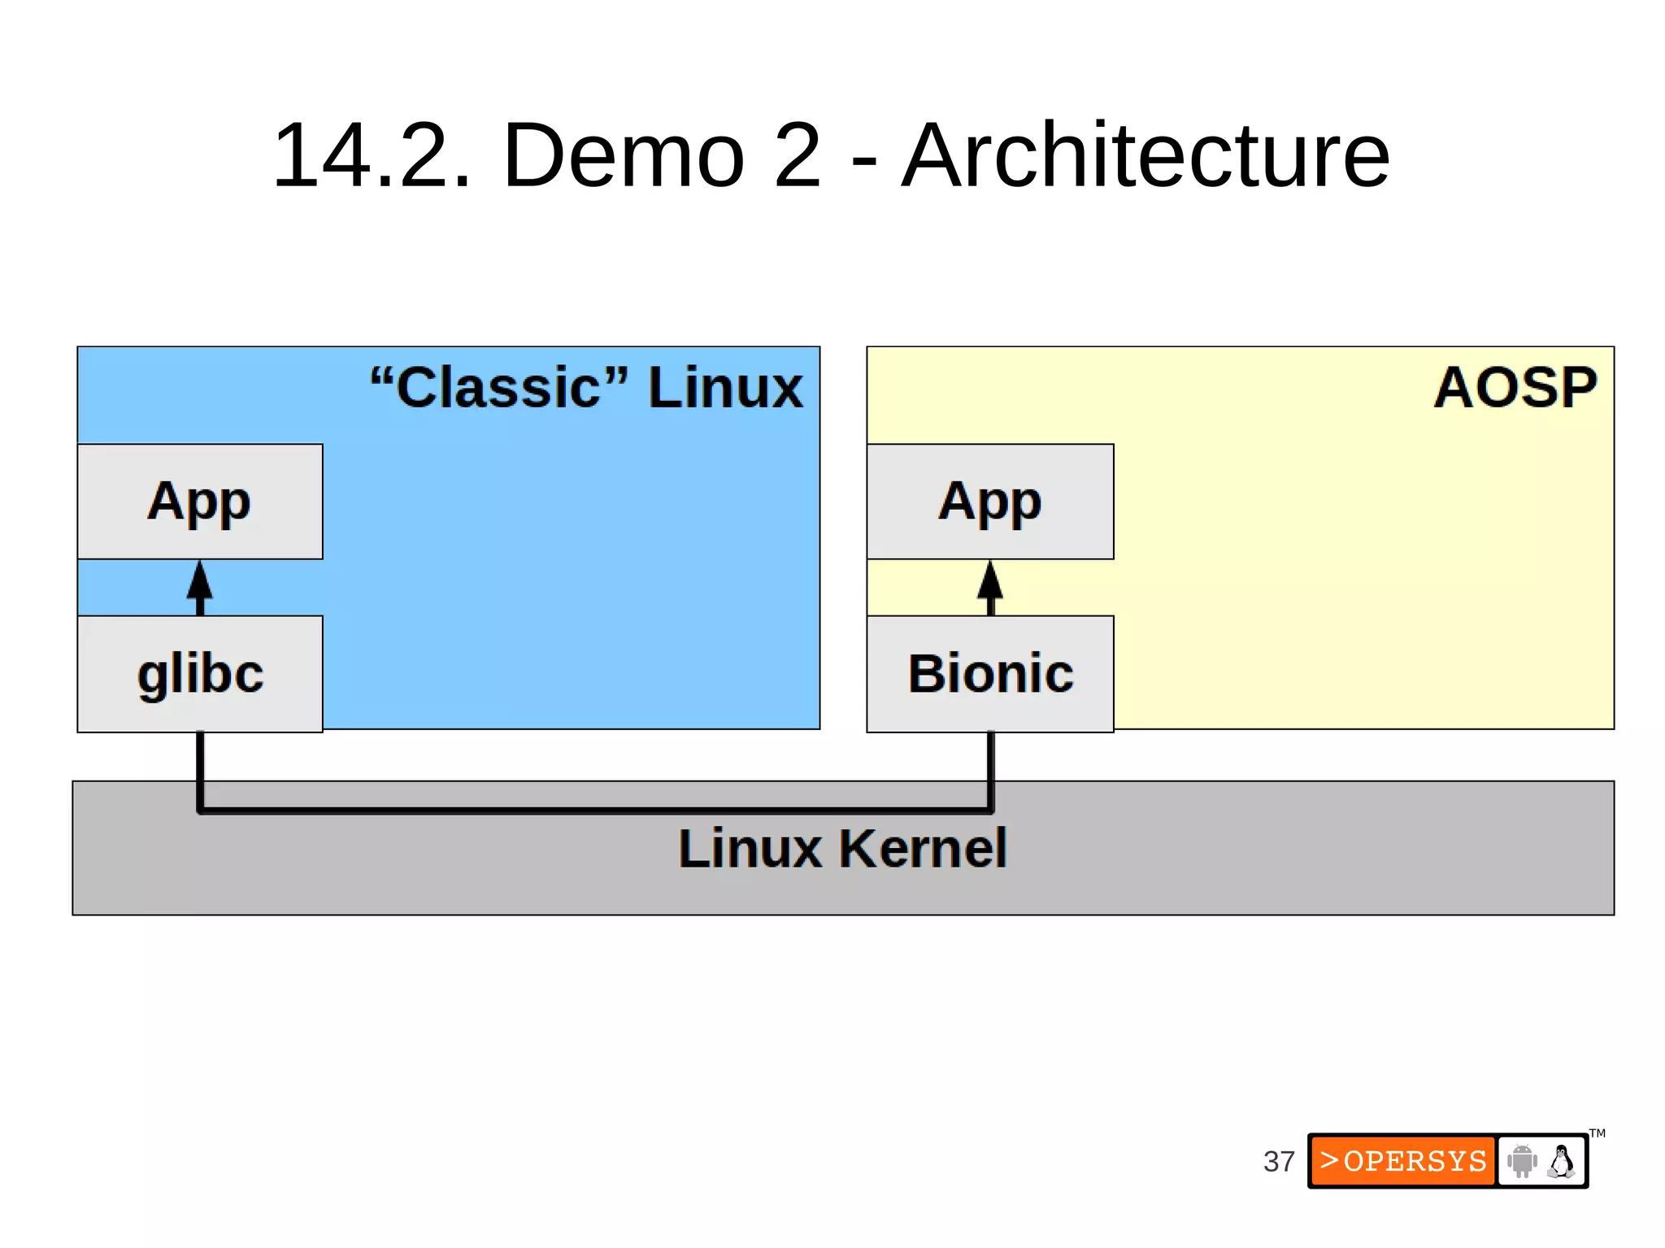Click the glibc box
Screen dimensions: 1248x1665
pos(200,673)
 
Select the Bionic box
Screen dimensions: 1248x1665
pos(989,673)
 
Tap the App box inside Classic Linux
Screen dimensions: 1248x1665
pos(200,501)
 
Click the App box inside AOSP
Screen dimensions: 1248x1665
pos(989,501)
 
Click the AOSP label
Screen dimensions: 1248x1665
pos(1515,387)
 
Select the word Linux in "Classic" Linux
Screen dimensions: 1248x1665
pos(724,387)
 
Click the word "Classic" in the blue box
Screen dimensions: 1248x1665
pos(499,387)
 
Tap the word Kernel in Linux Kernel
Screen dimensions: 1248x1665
pos(923,848)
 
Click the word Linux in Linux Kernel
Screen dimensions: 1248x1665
pos(750,848)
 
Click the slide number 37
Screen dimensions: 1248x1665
pos(1278,1161)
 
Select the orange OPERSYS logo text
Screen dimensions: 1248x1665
pos(1403,1161)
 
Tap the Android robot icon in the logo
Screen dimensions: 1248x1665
pos(1521,1161)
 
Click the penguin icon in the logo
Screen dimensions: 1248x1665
pos(1561,1161)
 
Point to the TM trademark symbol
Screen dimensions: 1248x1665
pos(1597,1133)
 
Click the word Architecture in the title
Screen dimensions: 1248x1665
pos(1146,154)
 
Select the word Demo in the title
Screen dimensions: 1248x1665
pos(624,154)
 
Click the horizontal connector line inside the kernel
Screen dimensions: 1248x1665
pos(593,811)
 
